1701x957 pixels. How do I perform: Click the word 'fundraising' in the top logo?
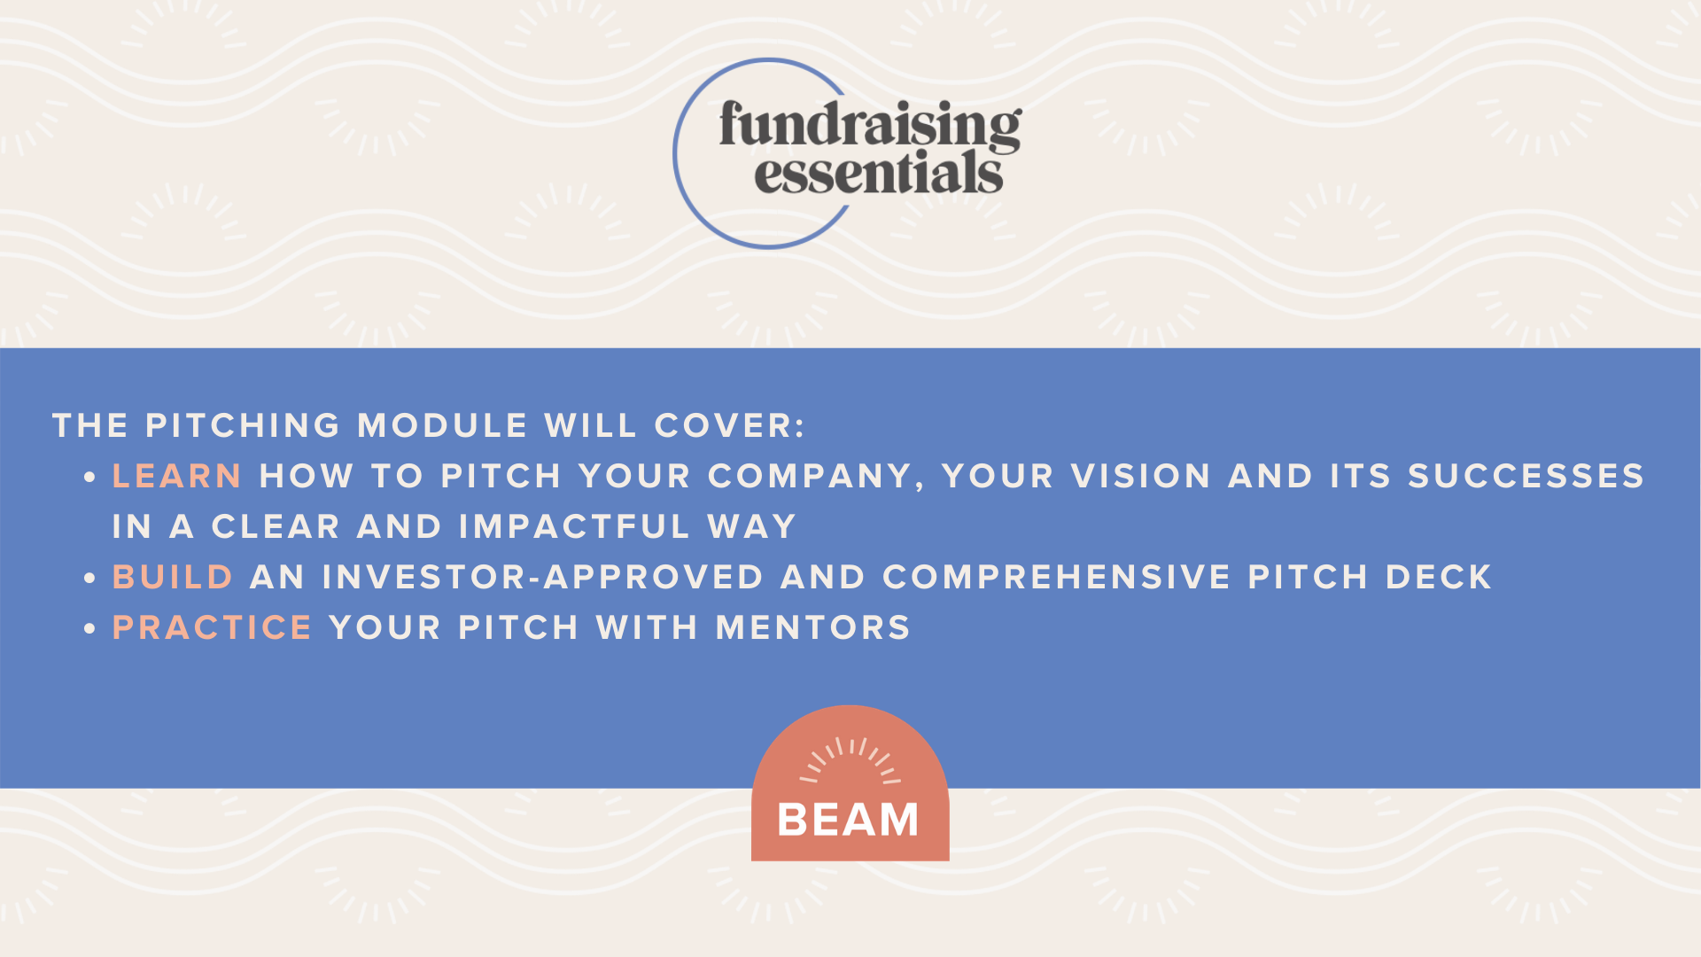coord(870,124)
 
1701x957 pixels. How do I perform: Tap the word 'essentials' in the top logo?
coord(879,173)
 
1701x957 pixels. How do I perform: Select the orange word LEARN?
coord(177,477)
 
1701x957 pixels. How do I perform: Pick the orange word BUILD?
coord(173,578)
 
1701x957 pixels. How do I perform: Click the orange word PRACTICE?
coord(213,628)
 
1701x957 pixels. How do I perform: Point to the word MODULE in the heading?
coord(443,426)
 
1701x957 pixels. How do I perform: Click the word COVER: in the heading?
coord(730,426)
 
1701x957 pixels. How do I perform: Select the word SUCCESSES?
coord(1526,477)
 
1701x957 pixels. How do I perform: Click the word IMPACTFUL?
coord(575,527)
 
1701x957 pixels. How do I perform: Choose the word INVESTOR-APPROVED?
coord(543,578)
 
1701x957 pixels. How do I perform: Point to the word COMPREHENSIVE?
coord(1057,578)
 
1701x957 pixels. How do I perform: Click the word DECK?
coord(1440,578)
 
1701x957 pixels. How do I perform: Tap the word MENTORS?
coord(813,628)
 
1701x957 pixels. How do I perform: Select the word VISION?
coord(1141,477)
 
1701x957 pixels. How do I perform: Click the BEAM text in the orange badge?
coord(849,820)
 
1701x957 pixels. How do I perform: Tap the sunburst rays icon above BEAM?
coord(850,760)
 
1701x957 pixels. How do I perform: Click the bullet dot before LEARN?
coord(89,478)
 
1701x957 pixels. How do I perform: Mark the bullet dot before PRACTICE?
coord(89,629)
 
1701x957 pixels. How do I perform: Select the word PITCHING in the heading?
coord(243,426)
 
